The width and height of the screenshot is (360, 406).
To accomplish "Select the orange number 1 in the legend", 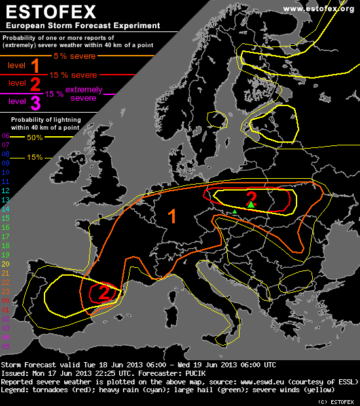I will (x=35, y=65).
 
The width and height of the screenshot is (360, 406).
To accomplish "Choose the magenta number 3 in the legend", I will (x=35, y=102).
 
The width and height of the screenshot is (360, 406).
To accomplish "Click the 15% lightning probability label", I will (x=35, y=157).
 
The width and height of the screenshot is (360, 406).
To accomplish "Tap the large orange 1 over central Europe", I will (x=173, y=217).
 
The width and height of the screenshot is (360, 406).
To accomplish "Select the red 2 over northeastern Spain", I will (x=104, y=293).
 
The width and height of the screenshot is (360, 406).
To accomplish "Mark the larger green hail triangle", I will (x=251, y=205).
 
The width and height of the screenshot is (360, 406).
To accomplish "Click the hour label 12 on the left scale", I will (x=5, y=190).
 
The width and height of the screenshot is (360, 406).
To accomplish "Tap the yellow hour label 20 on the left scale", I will (x=5, y=263).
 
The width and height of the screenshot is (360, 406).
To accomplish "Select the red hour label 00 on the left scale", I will (x=5, y=300).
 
